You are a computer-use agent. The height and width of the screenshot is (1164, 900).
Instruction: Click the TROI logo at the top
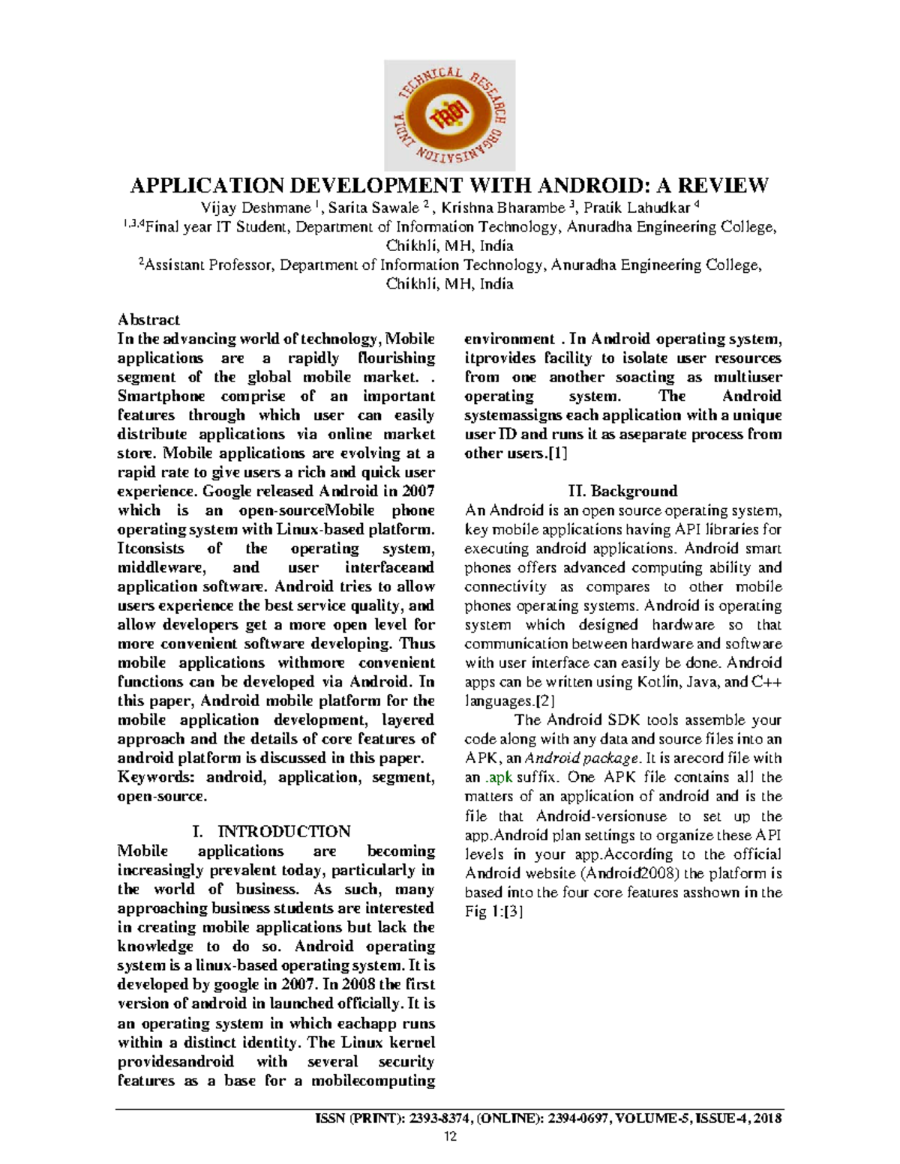pos(449,115)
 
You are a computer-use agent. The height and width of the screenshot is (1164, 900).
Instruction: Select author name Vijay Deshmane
pos(255,208)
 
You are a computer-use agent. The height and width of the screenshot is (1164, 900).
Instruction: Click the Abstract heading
pos(148,320)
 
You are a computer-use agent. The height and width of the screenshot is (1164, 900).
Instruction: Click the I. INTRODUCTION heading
pos(271,832)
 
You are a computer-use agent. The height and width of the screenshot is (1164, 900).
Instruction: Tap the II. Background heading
pos(622,492)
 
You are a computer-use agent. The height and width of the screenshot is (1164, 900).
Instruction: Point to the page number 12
pos(450,1137)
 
